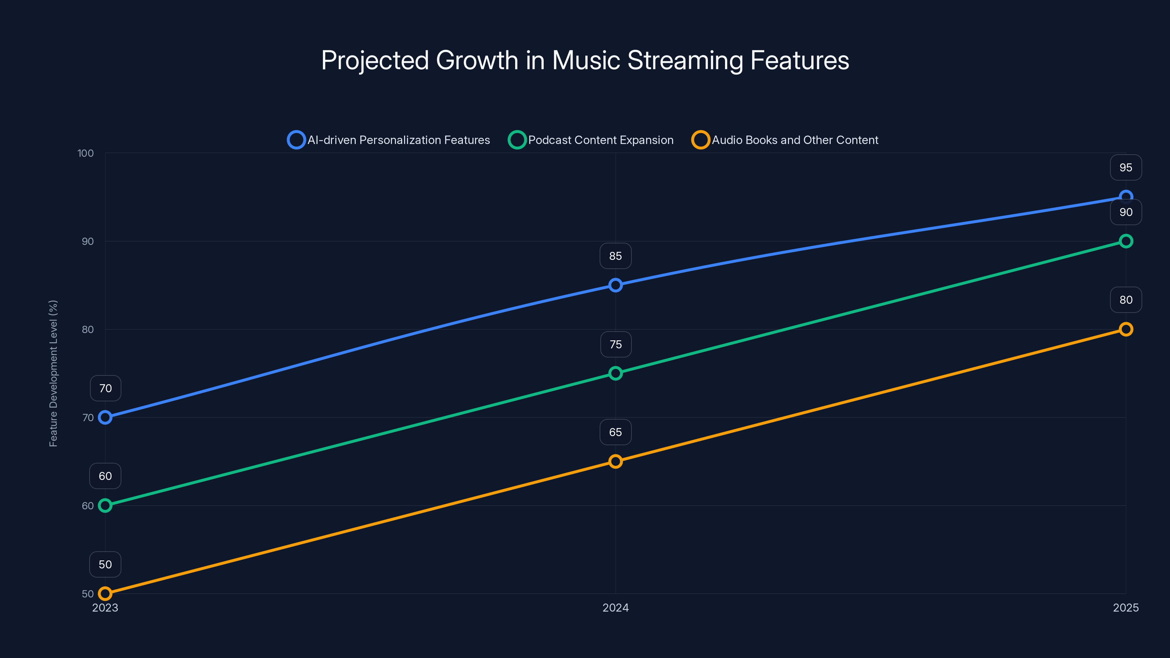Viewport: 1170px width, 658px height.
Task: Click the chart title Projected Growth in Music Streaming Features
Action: coord(585,60)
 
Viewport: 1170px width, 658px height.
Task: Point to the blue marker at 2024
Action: coord(615,285)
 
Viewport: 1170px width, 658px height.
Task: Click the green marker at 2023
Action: coord(105,506)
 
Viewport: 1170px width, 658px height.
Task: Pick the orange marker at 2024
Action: coord(615,461)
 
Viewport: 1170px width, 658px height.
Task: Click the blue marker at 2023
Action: coord(105,417)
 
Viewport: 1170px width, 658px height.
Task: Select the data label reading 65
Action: coord(615,432)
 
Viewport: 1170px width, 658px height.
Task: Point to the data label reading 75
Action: coord(615,344)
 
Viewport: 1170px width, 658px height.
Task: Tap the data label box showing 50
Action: coord(105,564)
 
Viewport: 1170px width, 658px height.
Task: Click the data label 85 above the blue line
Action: coord(615,256)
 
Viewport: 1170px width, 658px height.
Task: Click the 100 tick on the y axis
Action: coord(86,153)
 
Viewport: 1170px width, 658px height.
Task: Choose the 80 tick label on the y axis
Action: coord(88,329)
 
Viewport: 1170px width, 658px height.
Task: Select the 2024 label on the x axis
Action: coord(615,608)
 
